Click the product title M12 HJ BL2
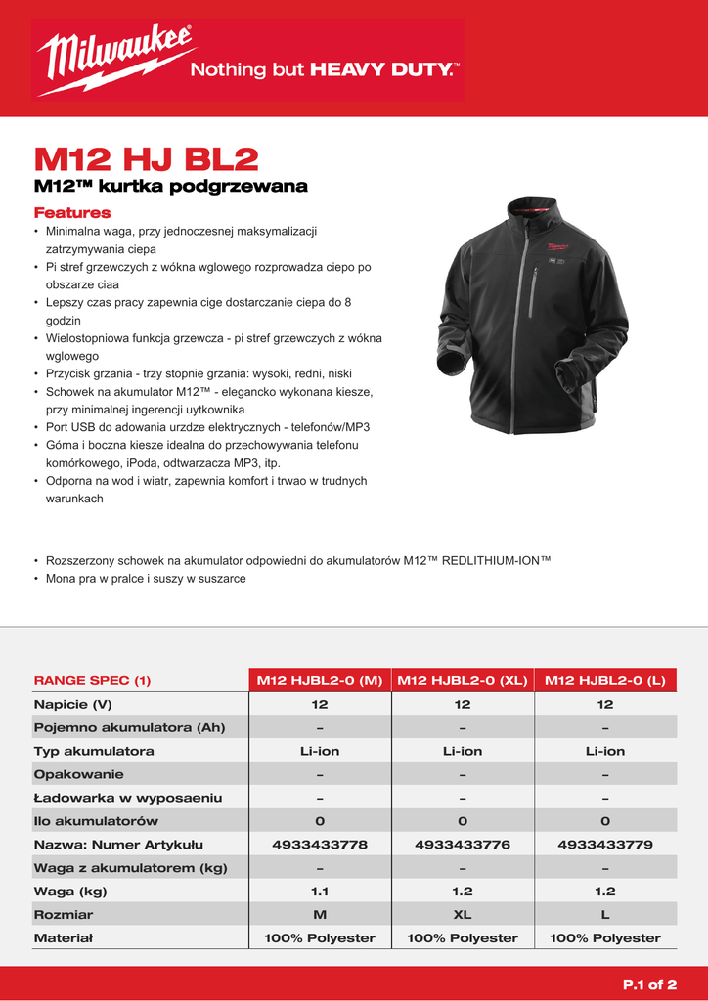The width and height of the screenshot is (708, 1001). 146,158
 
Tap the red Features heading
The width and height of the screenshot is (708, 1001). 72,212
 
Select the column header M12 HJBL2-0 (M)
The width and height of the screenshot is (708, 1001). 319,680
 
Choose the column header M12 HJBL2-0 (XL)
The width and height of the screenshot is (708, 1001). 462,680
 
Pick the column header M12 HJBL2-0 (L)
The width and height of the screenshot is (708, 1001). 604,680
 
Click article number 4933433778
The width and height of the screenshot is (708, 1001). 319,844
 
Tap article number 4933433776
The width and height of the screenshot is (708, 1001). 462,844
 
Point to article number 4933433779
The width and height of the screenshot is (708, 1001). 604,844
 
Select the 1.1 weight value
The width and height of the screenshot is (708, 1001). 319,891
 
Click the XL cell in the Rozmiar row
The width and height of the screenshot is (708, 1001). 462,914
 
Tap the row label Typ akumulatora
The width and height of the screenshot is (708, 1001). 94,751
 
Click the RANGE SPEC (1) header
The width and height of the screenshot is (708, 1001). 92,680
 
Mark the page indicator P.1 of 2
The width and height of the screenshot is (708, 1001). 649,984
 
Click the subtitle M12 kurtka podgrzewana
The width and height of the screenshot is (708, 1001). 170,186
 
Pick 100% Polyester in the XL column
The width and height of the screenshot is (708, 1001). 462,937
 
